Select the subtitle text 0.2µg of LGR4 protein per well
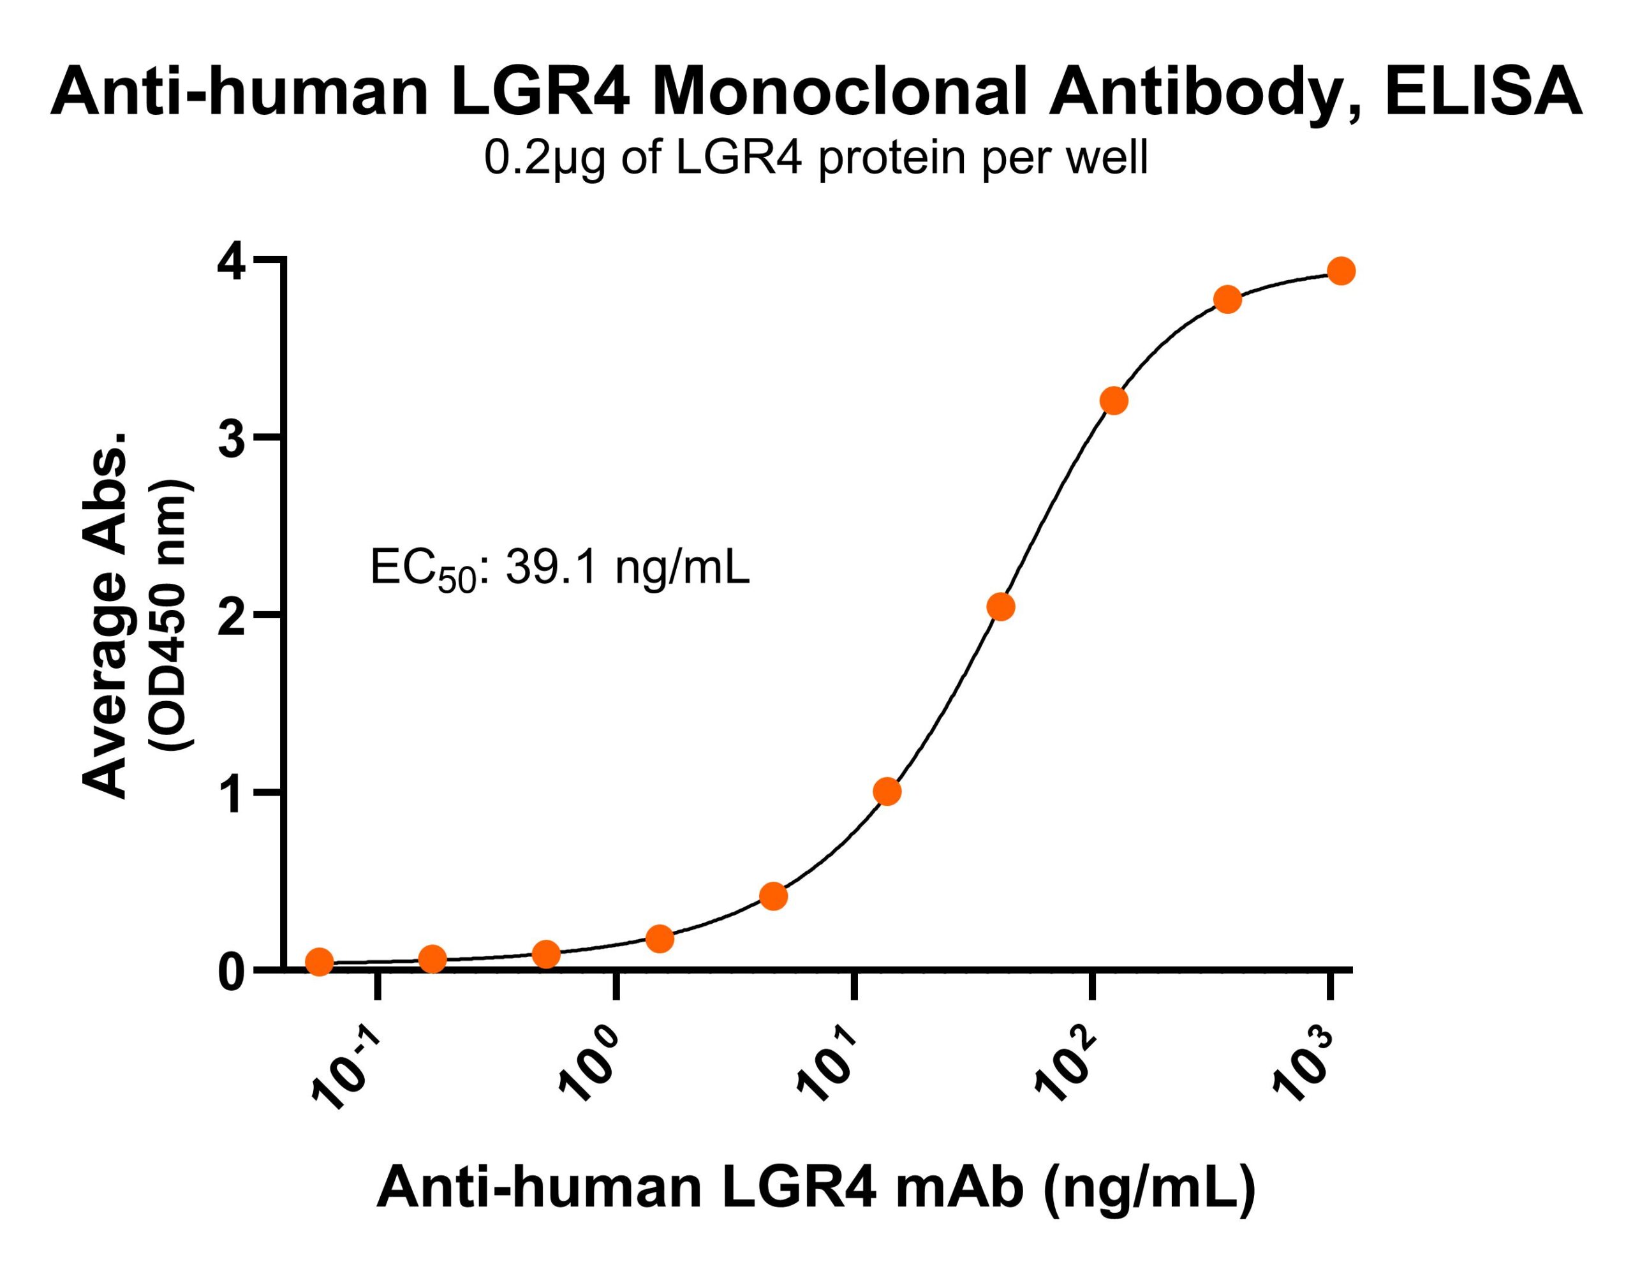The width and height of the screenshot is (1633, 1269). (816, 158)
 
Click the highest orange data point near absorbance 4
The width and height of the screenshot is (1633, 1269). (1341, 271)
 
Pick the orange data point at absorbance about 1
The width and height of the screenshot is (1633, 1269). (887, 791)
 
